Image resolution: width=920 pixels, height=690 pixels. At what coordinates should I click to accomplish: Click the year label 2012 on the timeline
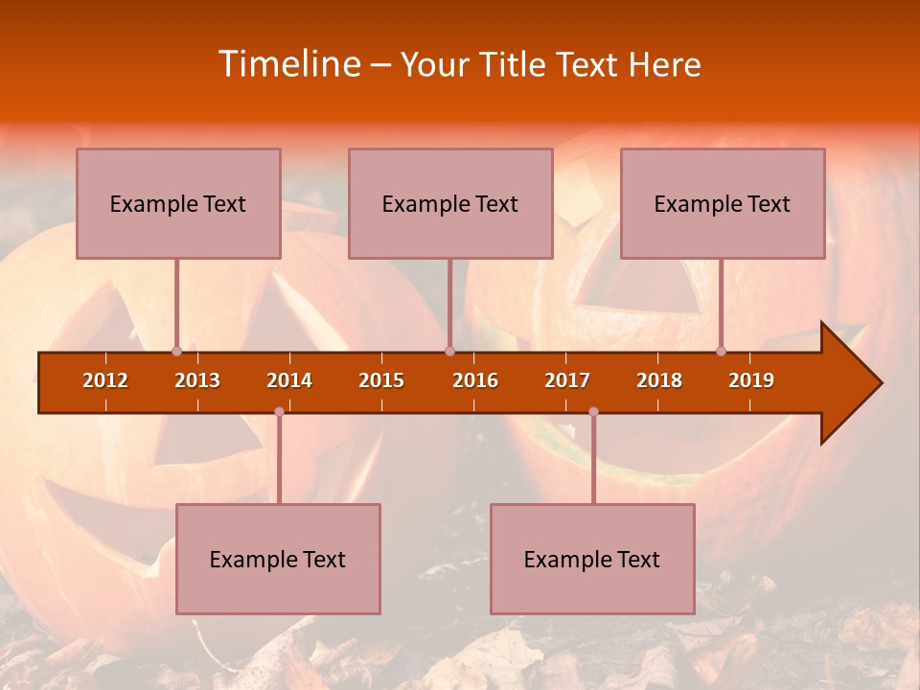105,380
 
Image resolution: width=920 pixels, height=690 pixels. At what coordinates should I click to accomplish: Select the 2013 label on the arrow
197,380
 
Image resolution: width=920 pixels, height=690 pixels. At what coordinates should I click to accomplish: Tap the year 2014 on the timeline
289,380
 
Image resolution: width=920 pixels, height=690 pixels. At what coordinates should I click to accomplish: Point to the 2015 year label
381,380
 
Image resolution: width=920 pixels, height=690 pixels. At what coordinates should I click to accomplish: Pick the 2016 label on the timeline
475,380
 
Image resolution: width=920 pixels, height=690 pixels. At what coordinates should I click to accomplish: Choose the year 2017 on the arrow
567,380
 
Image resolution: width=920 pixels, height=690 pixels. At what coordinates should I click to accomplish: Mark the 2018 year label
659,380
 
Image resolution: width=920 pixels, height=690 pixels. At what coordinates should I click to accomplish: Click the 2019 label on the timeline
751,380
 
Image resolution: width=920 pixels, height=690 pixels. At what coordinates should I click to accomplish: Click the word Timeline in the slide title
287,64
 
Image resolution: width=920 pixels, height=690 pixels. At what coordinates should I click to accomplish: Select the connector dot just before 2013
176,351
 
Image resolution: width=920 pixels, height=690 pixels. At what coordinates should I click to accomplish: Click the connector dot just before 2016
449,351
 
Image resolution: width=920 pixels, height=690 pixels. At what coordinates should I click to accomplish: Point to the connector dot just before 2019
721,351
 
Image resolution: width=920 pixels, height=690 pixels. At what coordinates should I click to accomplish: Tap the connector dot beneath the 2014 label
279,412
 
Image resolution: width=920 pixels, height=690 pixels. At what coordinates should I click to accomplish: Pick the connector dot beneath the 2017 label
593,412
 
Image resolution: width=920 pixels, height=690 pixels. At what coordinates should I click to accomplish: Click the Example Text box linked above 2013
178,203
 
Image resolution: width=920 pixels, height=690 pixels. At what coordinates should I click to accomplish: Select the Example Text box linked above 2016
450,203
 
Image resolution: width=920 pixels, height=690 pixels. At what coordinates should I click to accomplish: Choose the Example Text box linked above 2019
723,203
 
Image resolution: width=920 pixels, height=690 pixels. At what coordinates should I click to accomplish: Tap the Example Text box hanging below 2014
278,559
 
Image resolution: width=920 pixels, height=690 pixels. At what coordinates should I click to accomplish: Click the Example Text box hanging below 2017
592,559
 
